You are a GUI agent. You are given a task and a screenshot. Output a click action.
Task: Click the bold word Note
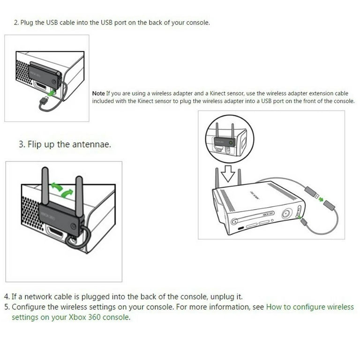click(98, 93)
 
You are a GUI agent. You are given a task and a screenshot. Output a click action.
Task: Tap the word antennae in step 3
click(91, 144)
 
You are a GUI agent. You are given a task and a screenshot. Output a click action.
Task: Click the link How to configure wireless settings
click(182, 312)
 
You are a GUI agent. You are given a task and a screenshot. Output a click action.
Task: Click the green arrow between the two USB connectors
click(321, 199)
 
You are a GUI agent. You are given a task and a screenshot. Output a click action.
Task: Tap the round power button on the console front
click(286, 214)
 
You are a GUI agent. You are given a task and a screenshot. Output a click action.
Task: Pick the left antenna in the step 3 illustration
click(45, 186)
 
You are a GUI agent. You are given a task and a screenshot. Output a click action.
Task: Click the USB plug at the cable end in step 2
click(45, 100)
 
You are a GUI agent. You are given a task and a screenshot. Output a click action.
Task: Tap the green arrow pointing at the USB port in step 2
click(51, 93)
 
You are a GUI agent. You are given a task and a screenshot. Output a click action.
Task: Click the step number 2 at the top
click(16, 22)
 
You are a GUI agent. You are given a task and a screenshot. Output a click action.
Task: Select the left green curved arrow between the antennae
click(56, 187)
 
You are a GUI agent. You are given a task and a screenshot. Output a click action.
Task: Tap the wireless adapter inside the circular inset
click(224, 142)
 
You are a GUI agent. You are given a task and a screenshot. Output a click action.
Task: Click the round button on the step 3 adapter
click(74, 226)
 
